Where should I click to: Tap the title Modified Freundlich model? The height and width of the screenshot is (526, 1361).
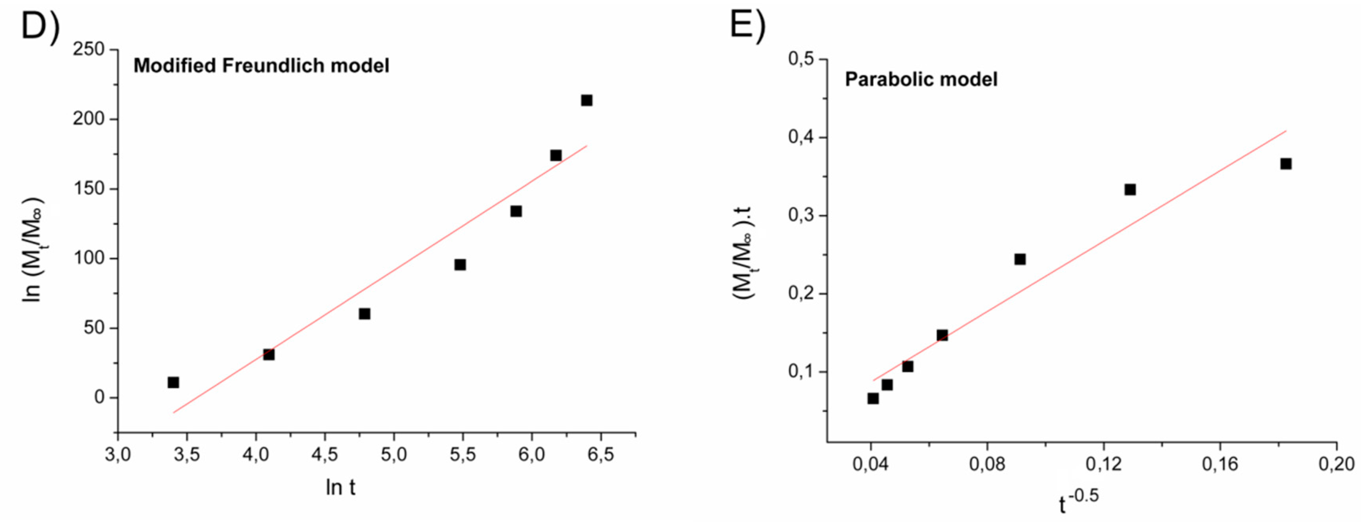point(261,66)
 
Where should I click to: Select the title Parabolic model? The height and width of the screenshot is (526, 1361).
point(921,79)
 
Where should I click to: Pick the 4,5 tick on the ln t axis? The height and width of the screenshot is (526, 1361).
point(324,454)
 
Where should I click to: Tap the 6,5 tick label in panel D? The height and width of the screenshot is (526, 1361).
point(600,454)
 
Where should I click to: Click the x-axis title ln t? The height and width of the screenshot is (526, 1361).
point(340,487)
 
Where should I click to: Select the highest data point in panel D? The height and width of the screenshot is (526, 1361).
point(586,100)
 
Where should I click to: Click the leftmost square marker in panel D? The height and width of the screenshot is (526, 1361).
point(173,383)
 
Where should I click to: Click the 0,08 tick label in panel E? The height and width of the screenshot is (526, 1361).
point(987,464)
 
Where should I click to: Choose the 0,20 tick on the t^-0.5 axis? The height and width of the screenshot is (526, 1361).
point(1336,464)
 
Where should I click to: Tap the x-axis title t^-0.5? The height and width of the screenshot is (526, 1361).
point(1078,501)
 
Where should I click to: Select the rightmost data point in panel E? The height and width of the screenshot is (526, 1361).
point(1286,164)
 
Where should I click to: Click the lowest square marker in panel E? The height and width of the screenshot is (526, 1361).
point(873,398)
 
